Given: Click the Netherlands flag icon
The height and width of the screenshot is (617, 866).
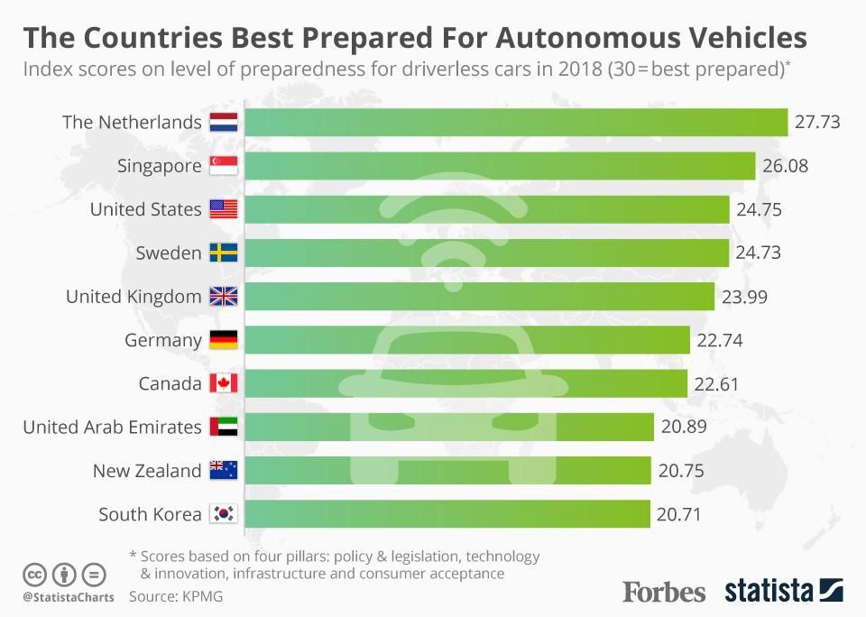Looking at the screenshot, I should pos(223,122).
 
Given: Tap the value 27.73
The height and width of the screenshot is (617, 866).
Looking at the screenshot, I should pos(817,122).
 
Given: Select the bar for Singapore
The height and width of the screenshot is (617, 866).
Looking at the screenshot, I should pos(500,166).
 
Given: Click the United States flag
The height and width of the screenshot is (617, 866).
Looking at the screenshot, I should pos(223,209).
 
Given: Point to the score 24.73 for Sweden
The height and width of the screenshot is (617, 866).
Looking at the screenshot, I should pos(758,253).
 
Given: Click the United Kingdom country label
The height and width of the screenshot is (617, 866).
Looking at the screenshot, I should pos(134,296).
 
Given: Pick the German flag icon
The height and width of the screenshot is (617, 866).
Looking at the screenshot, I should pos(223,340).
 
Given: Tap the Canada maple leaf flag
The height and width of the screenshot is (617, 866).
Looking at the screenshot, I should pos(223,383).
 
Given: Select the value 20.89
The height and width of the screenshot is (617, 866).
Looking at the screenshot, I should pos(683,427).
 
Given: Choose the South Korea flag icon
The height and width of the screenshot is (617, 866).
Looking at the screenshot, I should pos(223,514).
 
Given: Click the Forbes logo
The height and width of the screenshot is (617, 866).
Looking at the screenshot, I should pos(664,593).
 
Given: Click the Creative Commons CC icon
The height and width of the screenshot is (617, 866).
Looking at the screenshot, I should pos(34,575).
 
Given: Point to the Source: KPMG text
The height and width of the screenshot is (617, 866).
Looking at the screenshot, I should pos(176,596).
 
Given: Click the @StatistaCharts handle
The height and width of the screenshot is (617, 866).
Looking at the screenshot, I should pos(68,597).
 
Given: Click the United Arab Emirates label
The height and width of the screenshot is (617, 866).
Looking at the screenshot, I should pos(112,427).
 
